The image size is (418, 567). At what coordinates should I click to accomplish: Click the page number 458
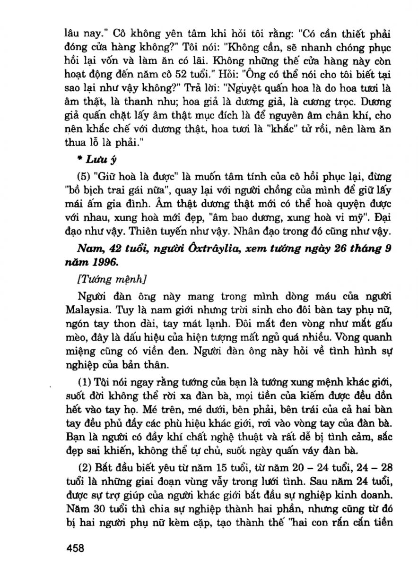click(75, 548)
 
